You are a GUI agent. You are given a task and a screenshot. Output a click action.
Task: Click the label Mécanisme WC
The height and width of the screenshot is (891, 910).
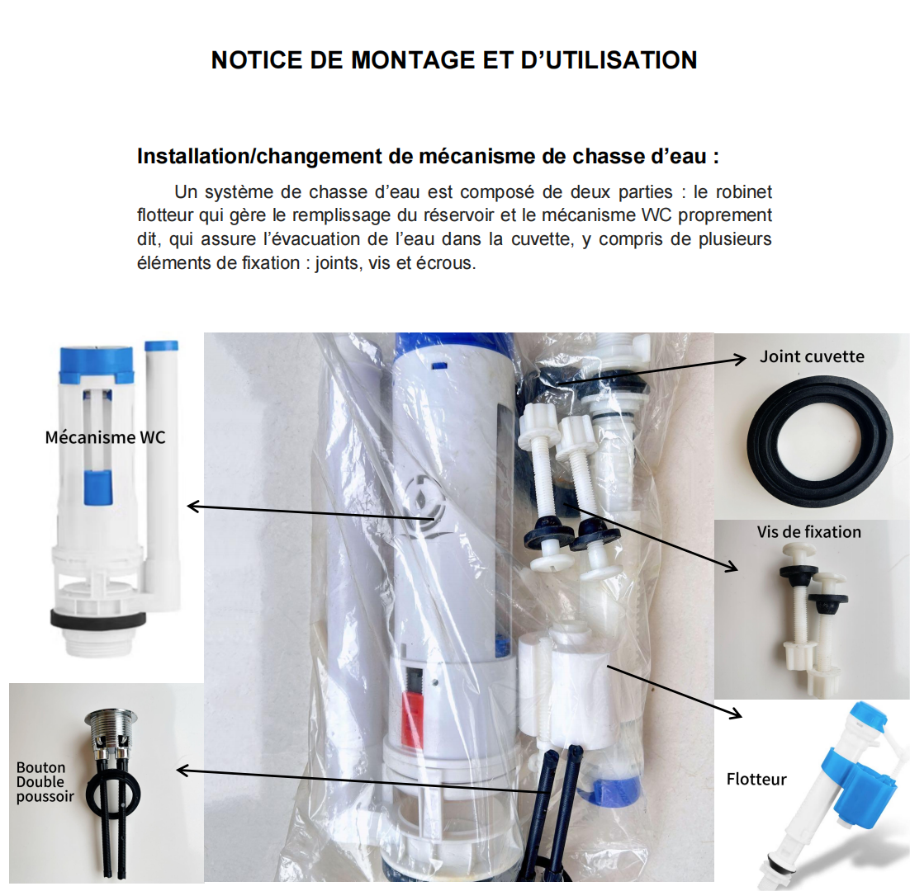[x=105, y=437]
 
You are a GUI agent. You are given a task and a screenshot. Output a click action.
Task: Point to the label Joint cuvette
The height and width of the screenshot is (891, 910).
[x=812, y=356]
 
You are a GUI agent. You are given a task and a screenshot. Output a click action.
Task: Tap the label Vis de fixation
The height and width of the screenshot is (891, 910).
[x=809, y=531]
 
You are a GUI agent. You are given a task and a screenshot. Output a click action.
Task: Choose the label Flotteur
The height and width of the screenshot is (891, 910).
[x=756, y=779]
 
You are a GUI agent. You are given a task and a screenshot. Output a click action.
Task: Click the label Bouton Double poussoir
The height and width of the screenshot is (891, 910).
[x=45, y=782]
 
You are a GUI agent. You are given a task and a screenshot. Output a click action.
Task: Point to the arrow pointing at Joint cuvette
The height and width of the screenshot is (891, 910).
[x=652, y=371]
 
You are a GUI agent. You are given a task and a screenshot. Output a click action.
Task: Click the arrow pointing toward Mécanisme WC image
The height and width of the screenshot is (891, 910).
[x=311, y=512]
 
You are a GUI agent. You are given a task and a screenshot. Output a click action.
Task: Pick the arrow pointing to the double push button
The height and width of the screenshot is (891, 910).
[x=363, y=780]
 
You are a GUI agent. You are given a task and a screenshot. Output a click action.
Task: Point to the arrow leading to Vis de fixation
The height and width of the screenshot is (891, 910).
[x=650, y=537]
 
